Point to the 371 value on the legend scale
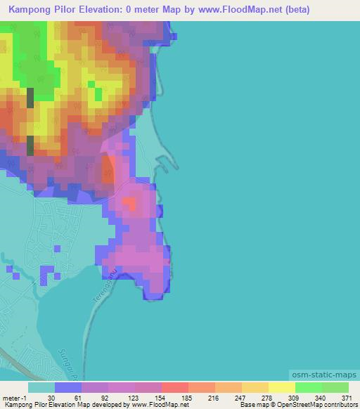tap(345, 398)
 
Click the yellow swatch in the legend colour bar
tap(281, 387)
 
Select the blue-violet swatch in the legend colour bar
tap(68, 387)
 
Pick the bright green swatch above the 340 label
tap(308, 387)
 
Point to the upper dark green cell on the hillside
tap(30, 98)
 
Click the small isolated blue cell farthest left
tap(8, 268)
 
